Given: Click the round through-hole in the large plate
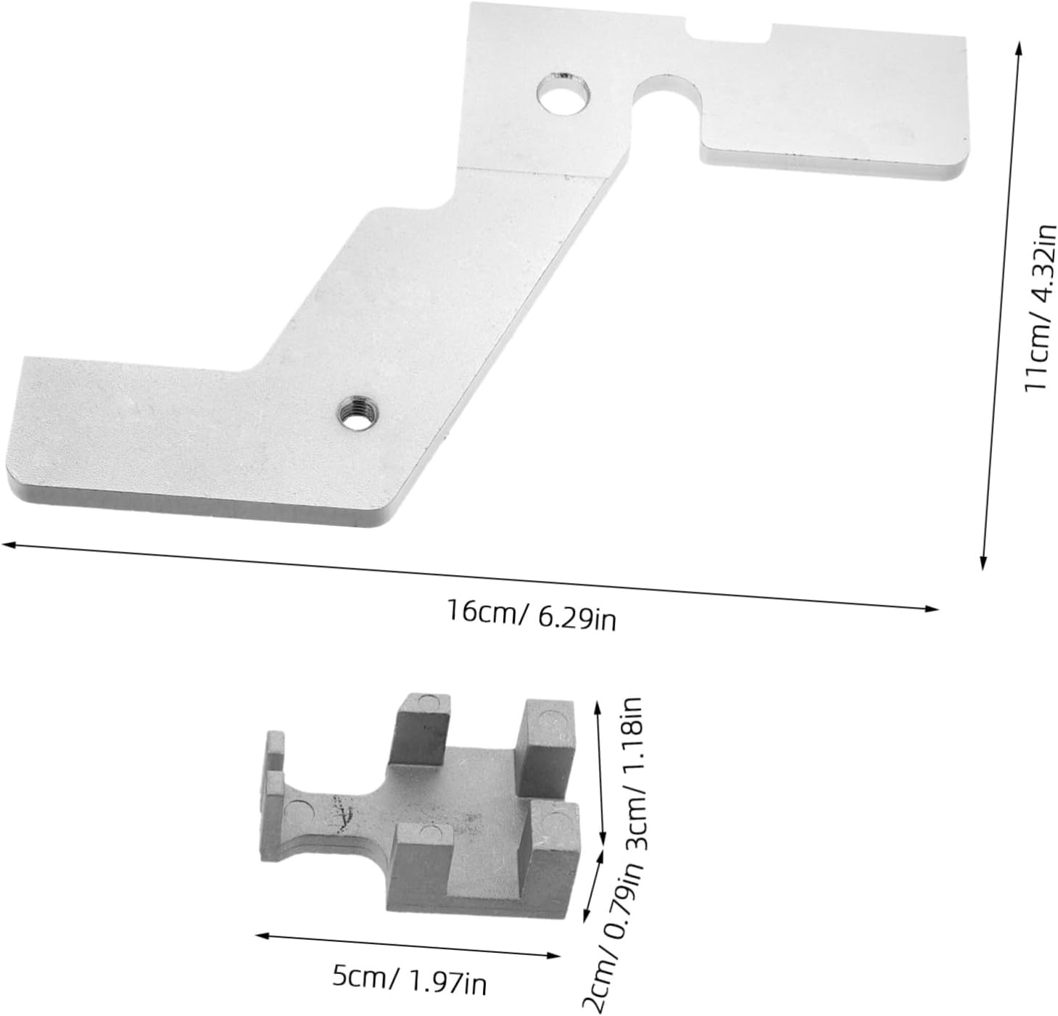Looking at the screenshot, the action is [563, 94].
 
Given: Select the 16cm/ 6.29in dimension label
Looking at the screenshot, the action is [532, 615].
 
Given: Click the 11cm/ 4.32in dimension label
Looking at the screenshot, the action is [1039, 307].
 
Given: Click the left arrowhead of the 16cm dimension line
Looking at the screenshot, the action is [7, 544].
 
